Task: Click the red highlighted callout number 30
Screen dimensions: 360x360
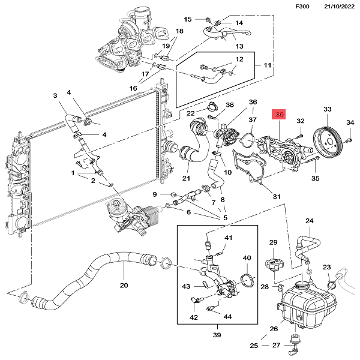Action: (280, 115)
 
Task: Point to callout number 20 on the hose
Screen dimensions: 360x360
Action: (124, 286)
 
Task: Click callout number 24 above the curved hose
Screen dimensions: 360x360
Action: (310, 221)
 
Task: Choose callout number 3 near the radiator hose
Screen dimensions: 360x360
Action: (55, 95)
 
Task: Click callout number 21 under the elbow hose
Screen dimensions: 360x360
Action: (186, 178)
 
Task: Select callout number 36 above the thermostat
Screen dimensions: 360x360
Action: (253, 102)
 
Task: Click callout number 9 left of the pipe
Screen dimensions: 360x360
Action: (155, 194)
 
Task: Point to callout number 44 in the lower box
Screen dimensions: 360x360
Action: (227, 316)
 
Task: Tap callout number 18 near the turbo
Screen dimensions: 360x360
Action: (179, 31)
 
